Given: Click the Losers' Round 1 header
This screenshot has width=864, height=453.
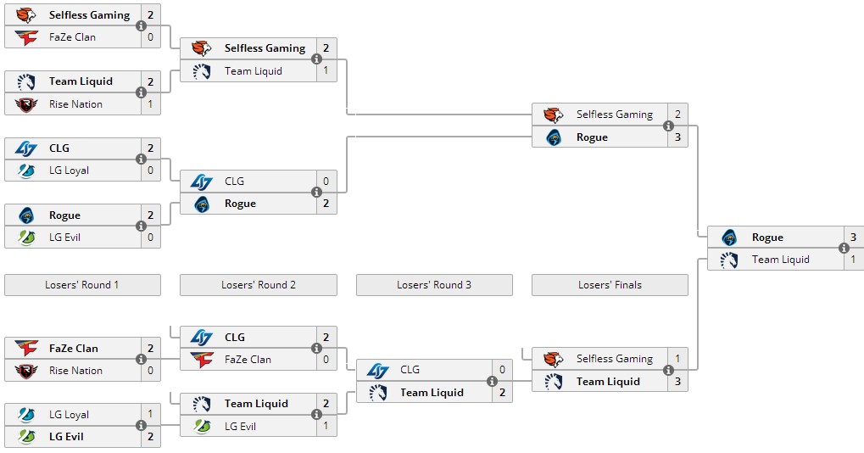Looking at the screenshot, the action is (82, 285).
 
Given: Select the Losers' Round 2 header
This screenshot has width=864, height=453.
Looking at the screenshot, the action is (259, 285).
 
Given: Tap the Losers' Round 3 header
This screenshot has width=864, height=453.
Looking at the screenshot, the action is (434, 285).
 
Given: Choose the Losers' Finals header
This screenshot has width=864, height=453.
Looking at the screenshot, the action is (610, 285).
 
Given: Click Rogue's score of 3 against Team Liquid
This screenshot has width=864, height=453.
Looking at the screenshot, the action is (854, 237).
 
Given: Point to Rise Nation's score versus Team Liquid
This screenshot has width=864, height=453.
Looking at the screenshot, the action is (150, 104).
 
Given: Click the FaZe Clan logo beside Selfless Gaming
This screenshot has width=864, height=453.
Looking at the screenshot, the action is (26, 37).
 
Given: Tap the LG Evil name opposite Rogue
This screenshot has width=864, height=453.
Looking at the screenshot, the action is (64, 238).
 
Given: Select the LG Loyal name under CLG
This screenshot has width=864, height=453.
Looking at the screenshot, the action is (69, 171).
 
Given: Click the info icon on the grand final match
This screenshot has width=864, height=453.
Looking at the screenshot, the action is (844, 248).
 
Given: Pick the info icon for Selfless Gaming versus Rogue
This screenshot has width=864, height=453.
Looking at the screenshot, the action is (668, 126).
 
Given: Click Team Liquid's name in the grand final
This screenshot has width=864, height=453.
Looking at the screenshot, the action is (781, 260).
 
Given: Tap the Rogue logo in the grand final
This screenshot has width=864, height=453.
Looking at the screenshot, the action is (729, 238).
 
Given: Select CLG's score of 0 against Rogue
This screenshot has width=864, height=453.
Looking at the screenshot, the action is (326, 181).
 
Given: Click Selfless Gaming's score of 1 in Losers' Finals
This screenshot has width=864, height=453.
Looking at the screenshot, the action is (677, 359).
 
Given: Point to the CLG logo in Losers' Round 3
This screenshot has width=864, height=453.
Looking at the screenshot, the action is (378, 371).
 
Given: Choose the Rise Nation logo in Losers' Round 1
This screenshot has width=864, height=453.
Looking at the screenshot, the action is (26, 371).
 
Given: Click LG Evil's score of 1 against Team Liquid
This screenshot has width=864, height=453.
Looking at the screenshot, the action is (326, 426).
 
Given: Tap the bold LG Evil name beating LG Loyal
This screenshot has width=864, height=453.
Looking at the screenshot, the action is (66, 437).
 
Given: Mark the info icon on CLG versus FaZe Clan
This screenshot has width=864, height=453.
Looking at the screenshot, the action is (316, 348).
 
